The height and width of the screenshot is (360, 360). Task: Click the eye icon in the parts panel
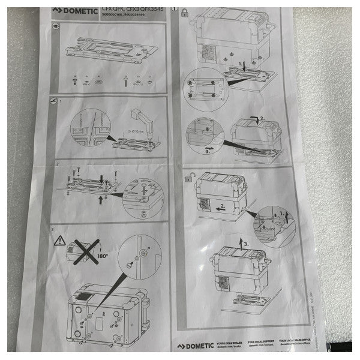(x=56, y=27)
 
